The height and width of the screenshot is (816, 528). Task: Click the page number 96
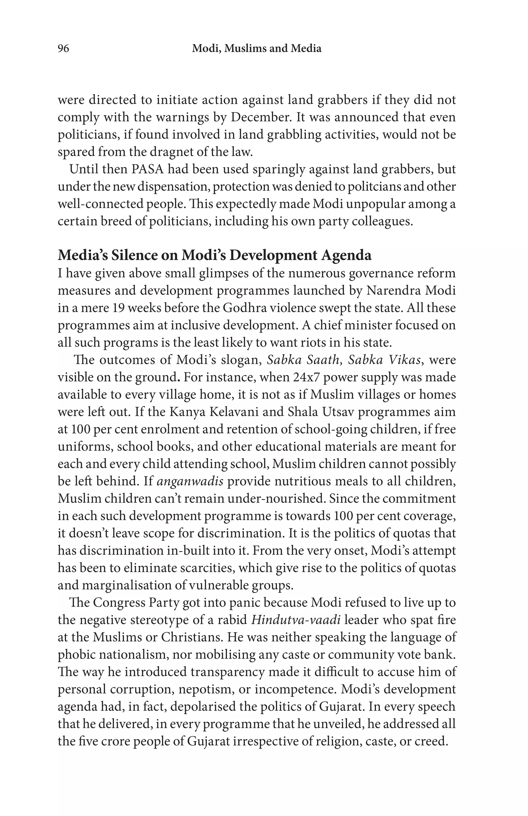pos(63,49)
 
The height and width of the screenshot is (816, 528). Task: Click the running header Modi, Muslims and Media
pos(257,49)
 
